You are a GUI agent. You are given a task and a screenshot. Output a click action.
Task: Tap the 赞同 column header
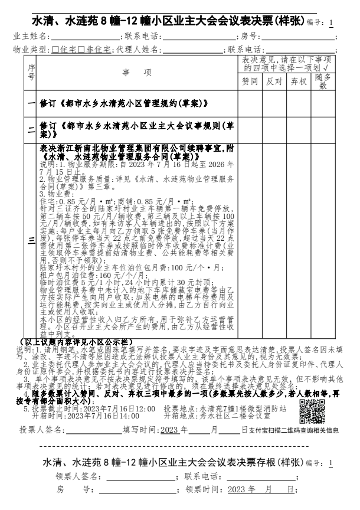click(250, 81)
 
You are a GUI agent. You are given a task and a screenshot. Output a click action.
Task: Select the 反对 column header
click(274, 81)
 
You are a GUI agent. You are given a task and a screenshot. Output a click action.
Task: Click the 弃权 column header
click(299, 81)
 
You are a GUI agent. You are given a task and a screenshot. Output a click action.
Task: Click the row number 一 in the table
click(31, 103)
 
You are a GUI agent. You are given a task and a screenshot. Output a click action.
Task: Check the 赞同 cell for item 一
click(250, 103)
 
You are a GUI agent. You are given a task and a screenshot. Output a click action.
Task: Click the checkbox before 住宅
click(55, 49)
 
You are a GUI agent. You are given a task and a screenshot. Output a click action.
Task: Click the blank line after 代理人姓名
click(192, 49)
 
